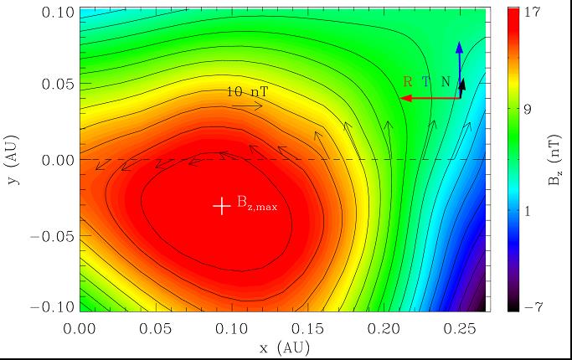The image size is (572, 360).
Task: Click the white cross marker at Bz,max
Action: click(x=221, y=205)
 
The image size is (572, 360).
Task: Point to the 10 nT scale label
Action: click(x=246, y=92)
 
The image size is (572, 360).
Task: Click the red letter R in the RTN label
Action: click(x=408, y=82)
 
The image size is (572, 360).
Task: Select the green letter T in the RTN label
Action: click(x=426, y=82)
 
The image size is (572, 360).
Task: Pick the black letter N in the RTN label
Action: click(x=446, y=82)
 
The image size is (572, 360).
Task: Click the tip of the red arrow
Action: click(x=400, y=98)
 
